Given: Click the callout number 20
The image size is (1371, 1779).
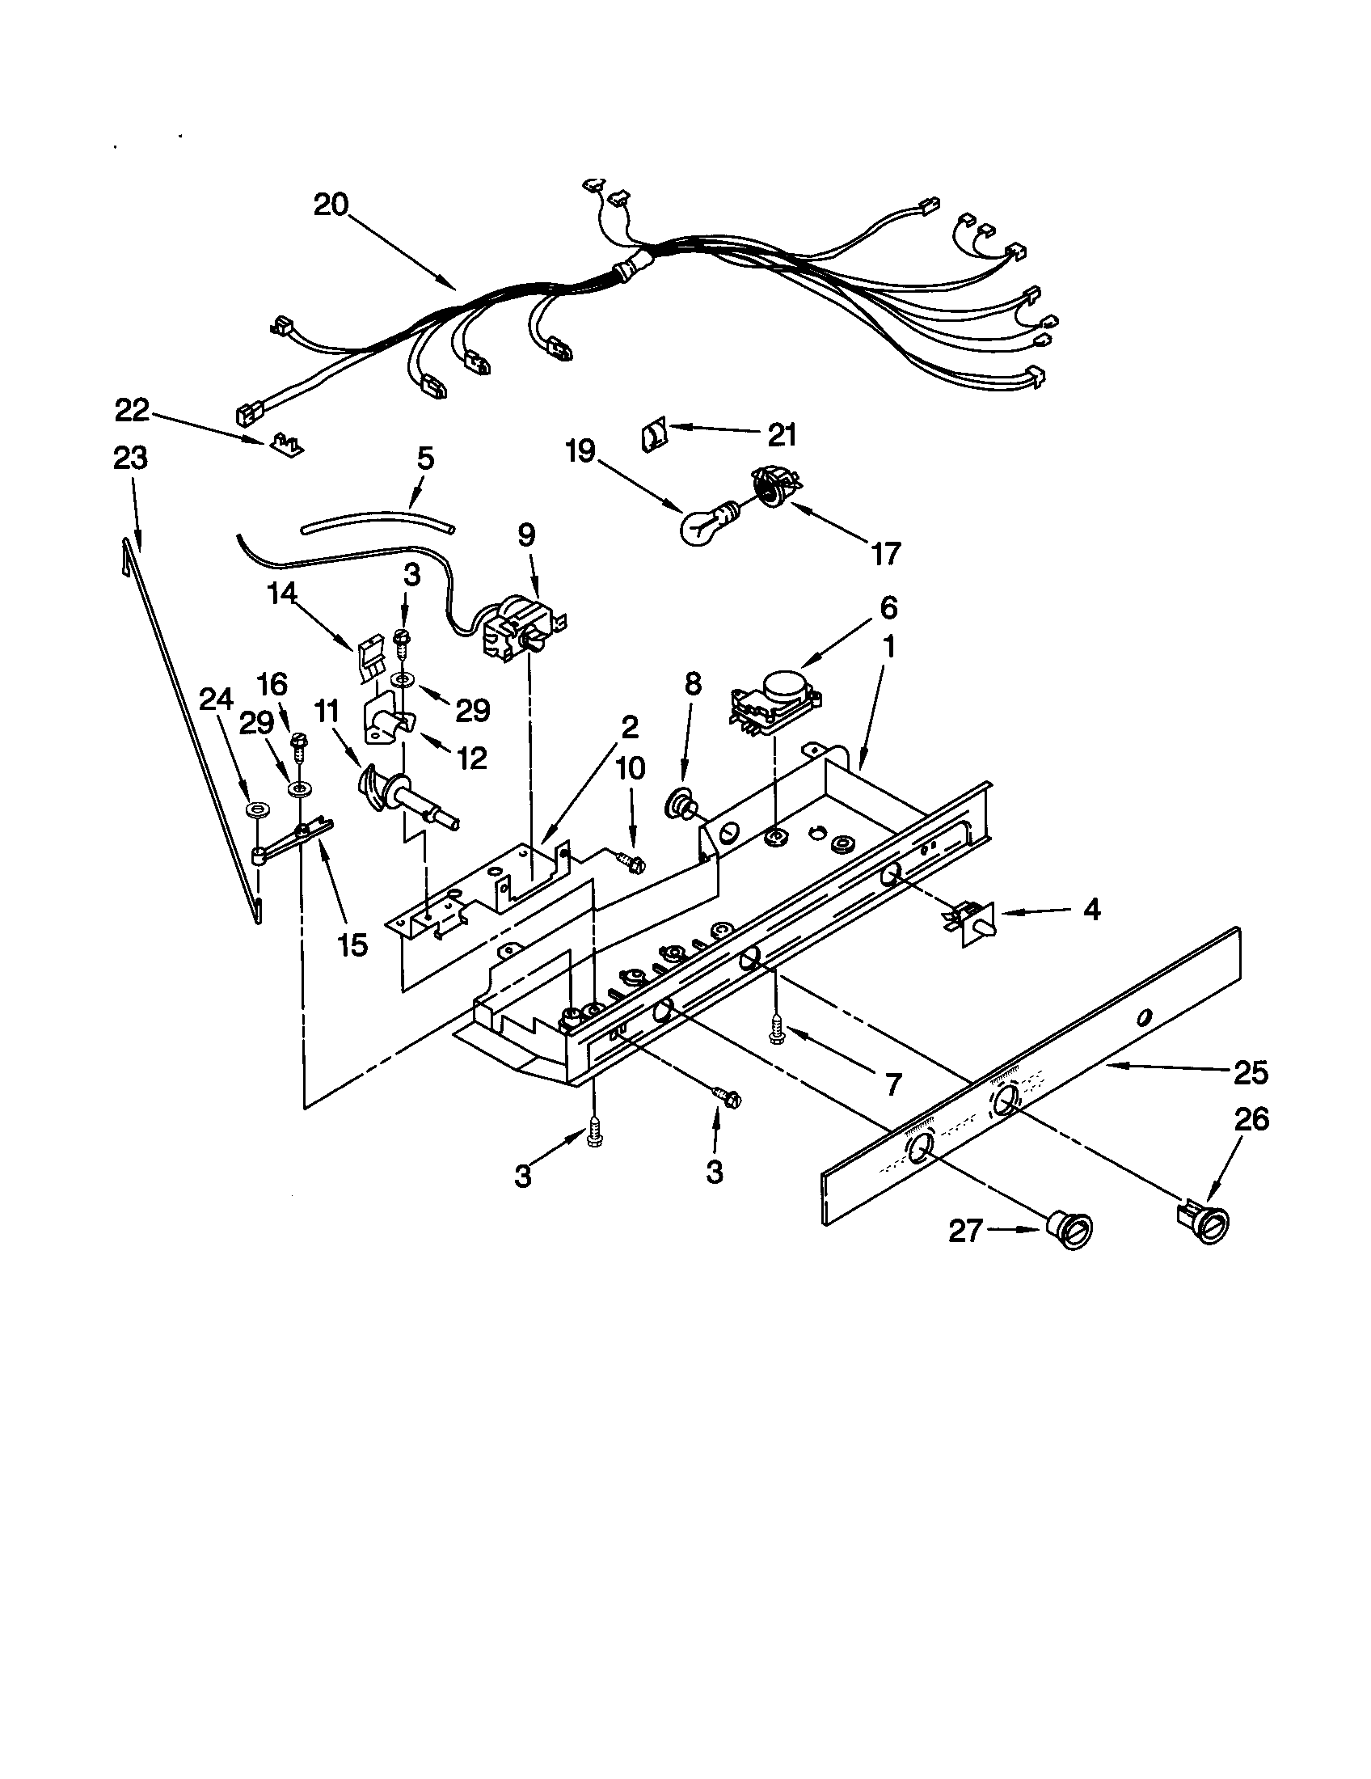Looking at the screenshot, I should [331, 204].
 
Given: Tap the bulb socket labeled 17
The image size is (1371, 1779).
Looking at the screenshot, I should [772, 486].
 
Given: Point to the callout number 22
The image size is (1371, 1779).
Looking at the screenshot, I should [132, 411].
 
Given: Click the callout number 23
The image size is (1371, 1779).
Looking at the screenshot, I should [130, 458].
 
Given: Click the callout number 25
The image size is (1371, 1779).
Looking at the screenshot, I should [1251, 1074].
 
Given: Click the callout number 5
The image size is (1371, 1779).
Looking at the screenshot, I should [425, 458].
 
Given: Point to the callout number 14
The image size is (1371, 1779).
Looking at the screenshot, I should [282, 594].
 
